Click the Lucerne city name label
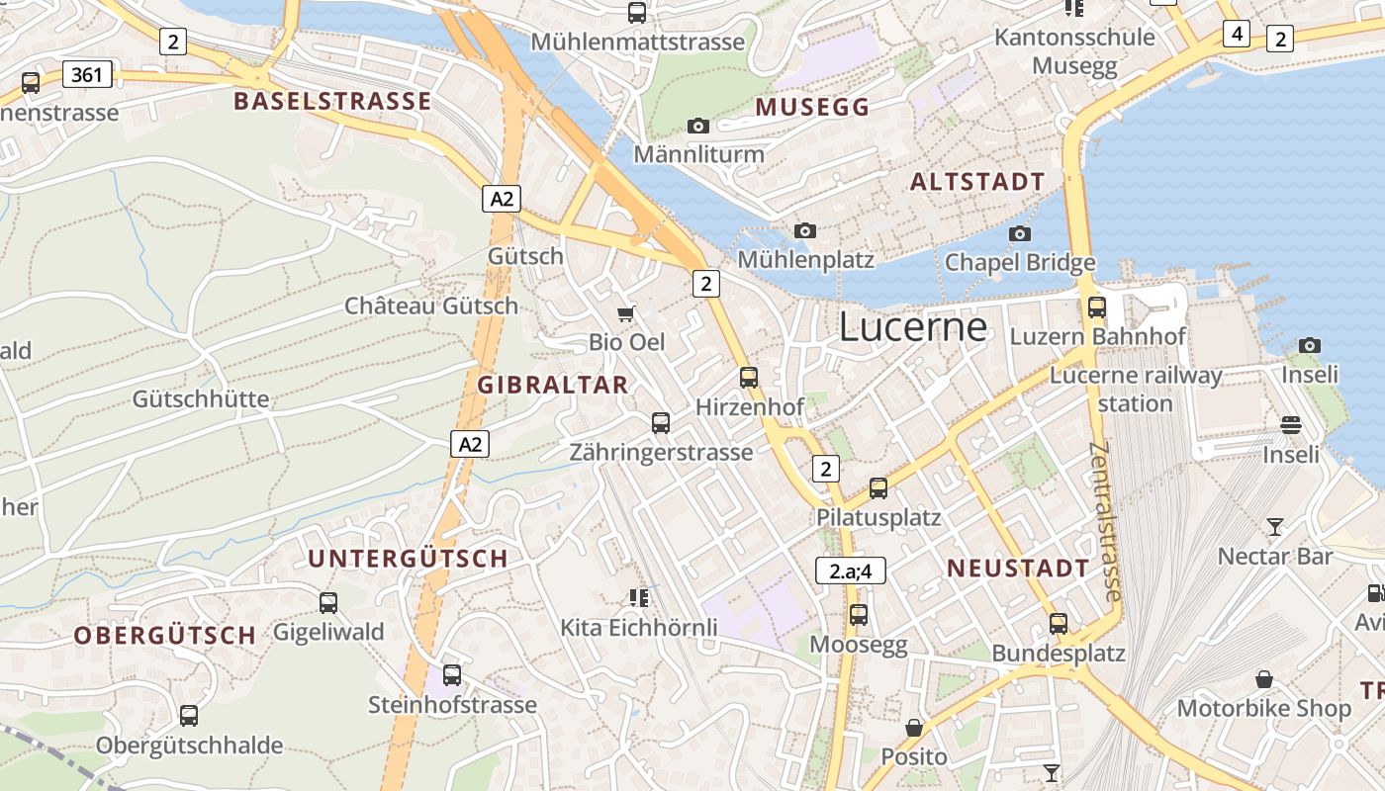pyautogui.click(x=913, y=327)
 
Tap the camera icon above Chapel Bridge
pyautogui.click(x=1019, y=234)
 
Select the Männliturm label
pyautogui.click(x=698, y=154)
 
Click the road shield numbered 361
pyautogui.click(x=87, y=74)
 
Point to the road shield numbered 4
pyautogui.click(x=1236, y=34)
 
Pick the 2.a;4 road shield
pyautogui.click(x=850, y=571)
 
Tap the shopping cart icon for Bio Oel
pyautogui.click(x=625, y=314)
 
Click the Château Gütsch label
pyautogui.click(x=430, y=306)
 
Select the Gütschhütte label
pyautogui.click(x=201, y=398)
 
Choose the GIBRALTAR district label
pyautogui.click(x=553, y=385)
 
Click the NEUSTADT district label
pyautogui.click(x=1018, y=568)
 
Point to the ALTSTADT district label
pyautogui.click(x=976, y=181)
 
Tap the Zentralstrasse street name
pyautogui.click(x=1105, y=521)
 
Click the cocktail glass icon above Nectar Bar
pyautogui.click(x=1275, y=527)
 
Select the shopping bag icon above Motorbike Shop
pyautogui.click(x=1263, y=679)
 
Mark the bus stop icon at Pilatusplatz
pyautogui.click(x=878, y=487)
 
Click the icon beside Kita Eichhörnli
pyautogui.click(x=638, y=597)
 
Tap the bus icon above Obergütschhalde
pyautogui.click(x=189, y=715)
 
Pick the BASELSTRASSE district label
pyautogui.click(x=332, y=101)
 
